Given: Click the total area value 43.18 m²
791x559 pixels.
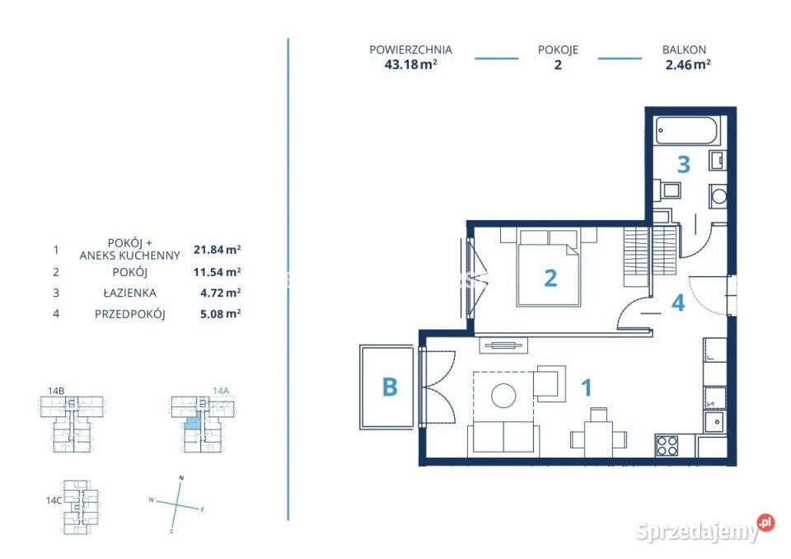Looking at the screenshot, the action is point(410,64).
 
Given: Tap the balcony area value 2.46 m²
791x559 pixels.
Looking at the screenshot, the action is point(688,64).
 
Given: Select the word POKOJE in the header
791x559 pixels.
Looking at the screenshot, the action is point(558,50).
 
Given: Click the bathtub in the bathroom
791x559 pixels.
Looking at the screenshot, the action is point(686,131).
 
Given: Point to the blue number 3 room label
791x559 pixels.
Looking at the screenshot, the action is point(684,165).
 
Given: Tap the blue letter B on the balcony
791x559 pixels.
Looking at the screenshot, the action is point(390,388).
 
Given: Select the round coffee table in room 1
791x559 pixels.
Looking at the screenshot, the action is point(503,395).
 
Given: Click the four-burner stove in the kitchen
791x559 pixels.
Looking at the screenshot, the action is point(667,445).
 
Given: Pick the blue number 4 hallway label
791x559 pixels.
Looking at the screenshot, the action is point(678,303).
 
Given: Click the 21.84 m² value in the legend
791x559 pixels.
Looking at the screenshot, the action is point(217,250).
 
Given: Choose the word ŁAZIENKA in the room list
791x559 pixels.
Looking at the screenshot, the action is point(129,293).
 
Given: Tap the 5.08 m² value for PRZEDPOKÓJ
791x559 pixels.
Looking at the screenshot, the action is point(221,313).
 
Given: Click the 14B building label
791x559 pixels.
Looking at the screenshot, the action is point(56,390).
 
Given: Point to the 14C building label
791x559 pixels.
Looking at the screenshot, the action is point(54,500).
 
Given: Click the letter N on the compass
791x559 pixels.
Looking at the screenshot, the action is point(181,477).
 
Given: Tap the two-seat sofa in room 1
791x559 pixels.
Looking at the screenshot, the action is point(503,437).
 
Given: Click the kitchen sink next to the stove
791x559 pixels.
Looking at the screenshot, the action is point(715,421).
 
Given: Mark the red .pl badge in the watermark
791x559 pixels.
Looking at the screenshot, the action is point(765,523).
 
